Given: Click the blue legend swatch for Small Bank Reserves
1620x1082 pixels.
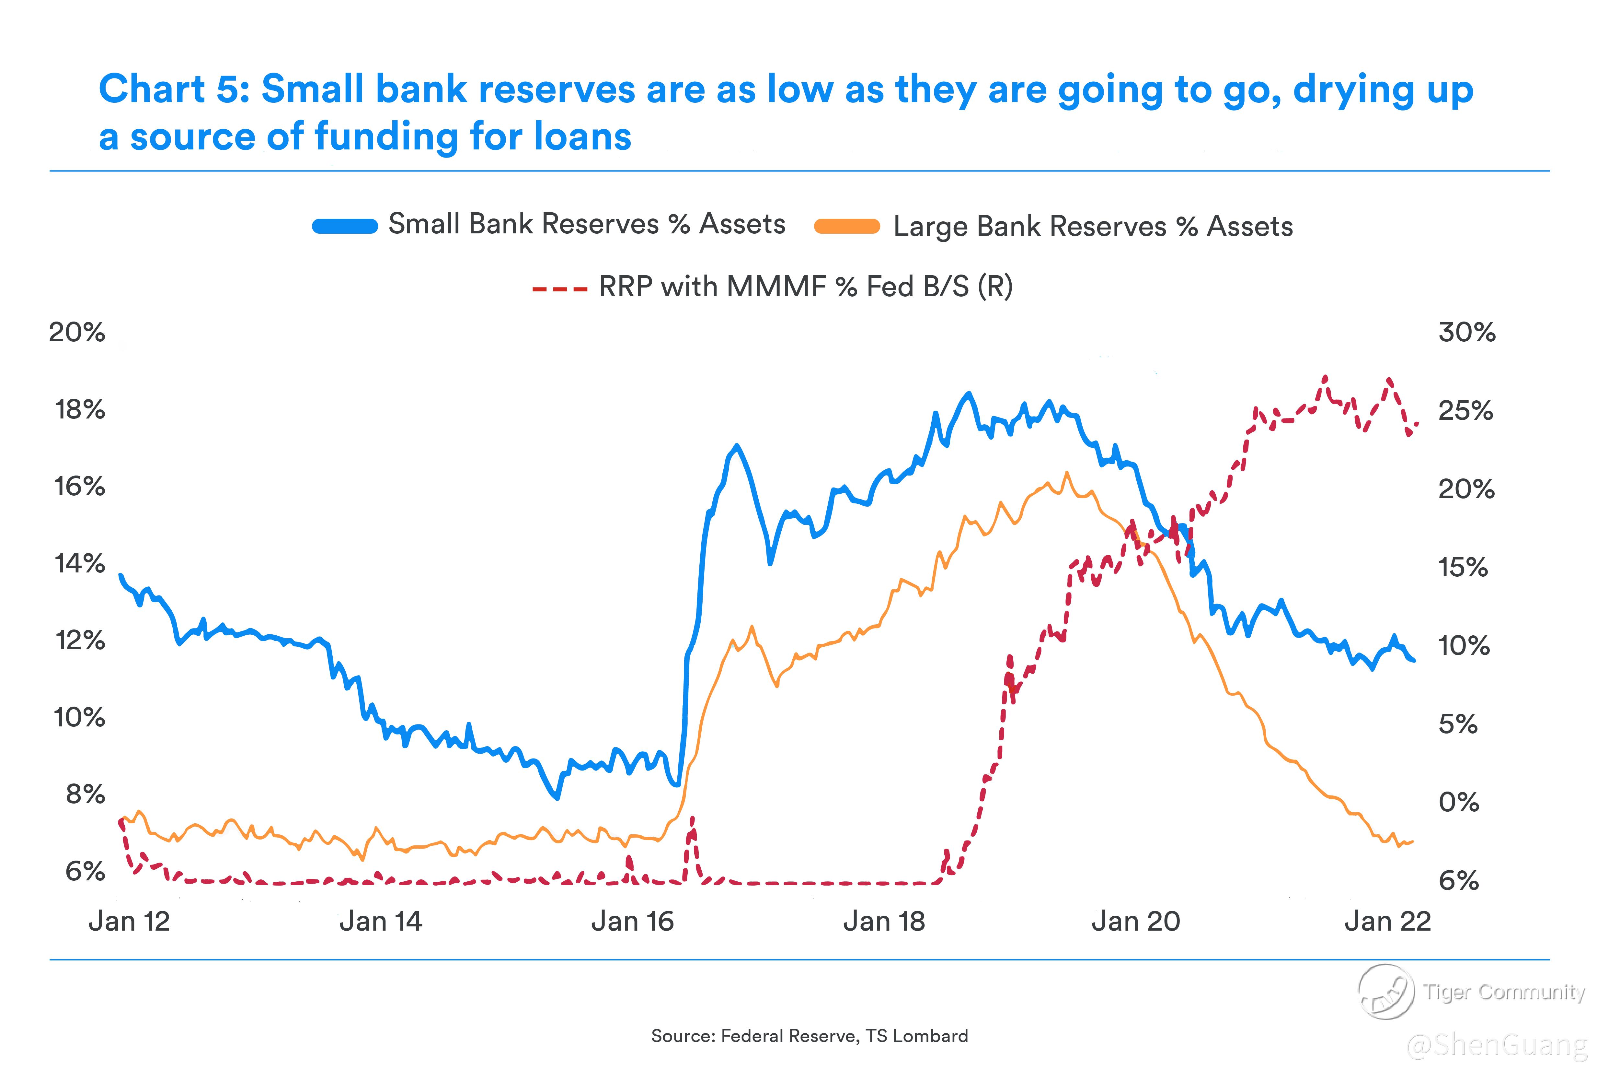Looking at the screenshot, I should click(345, 226).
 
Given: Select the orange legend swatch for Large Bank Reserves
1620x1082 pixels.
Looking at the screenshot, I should click(847, 226).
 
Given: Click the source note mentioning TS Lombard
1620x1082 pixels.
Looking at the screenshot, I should click(810, 1036).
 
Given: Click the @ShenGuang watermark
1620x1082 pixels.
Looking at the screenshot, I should click(1497, 1045).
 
